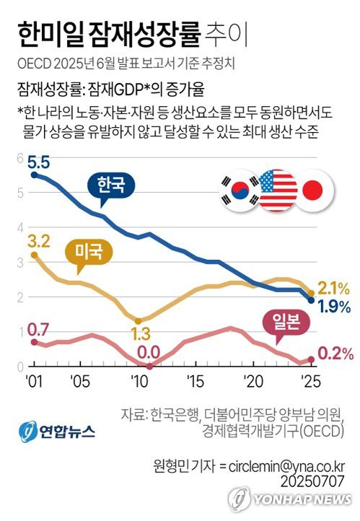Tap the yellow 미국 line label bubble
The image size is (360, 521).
click(x=89, y=252)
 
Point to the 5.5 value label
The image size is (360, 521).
click(x=39, y=163)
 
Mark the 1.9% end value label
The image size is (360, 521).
click(x=333, y=307)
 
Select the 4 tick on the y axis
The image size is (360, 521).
click(x=20, y=228)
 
